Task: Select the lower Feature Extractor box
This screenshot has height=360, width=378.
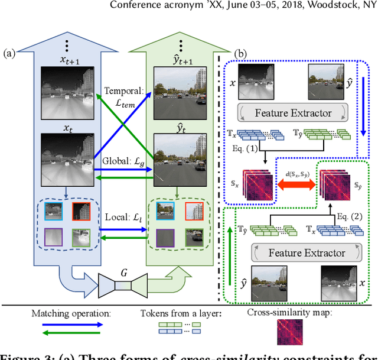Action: point(307,252)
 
